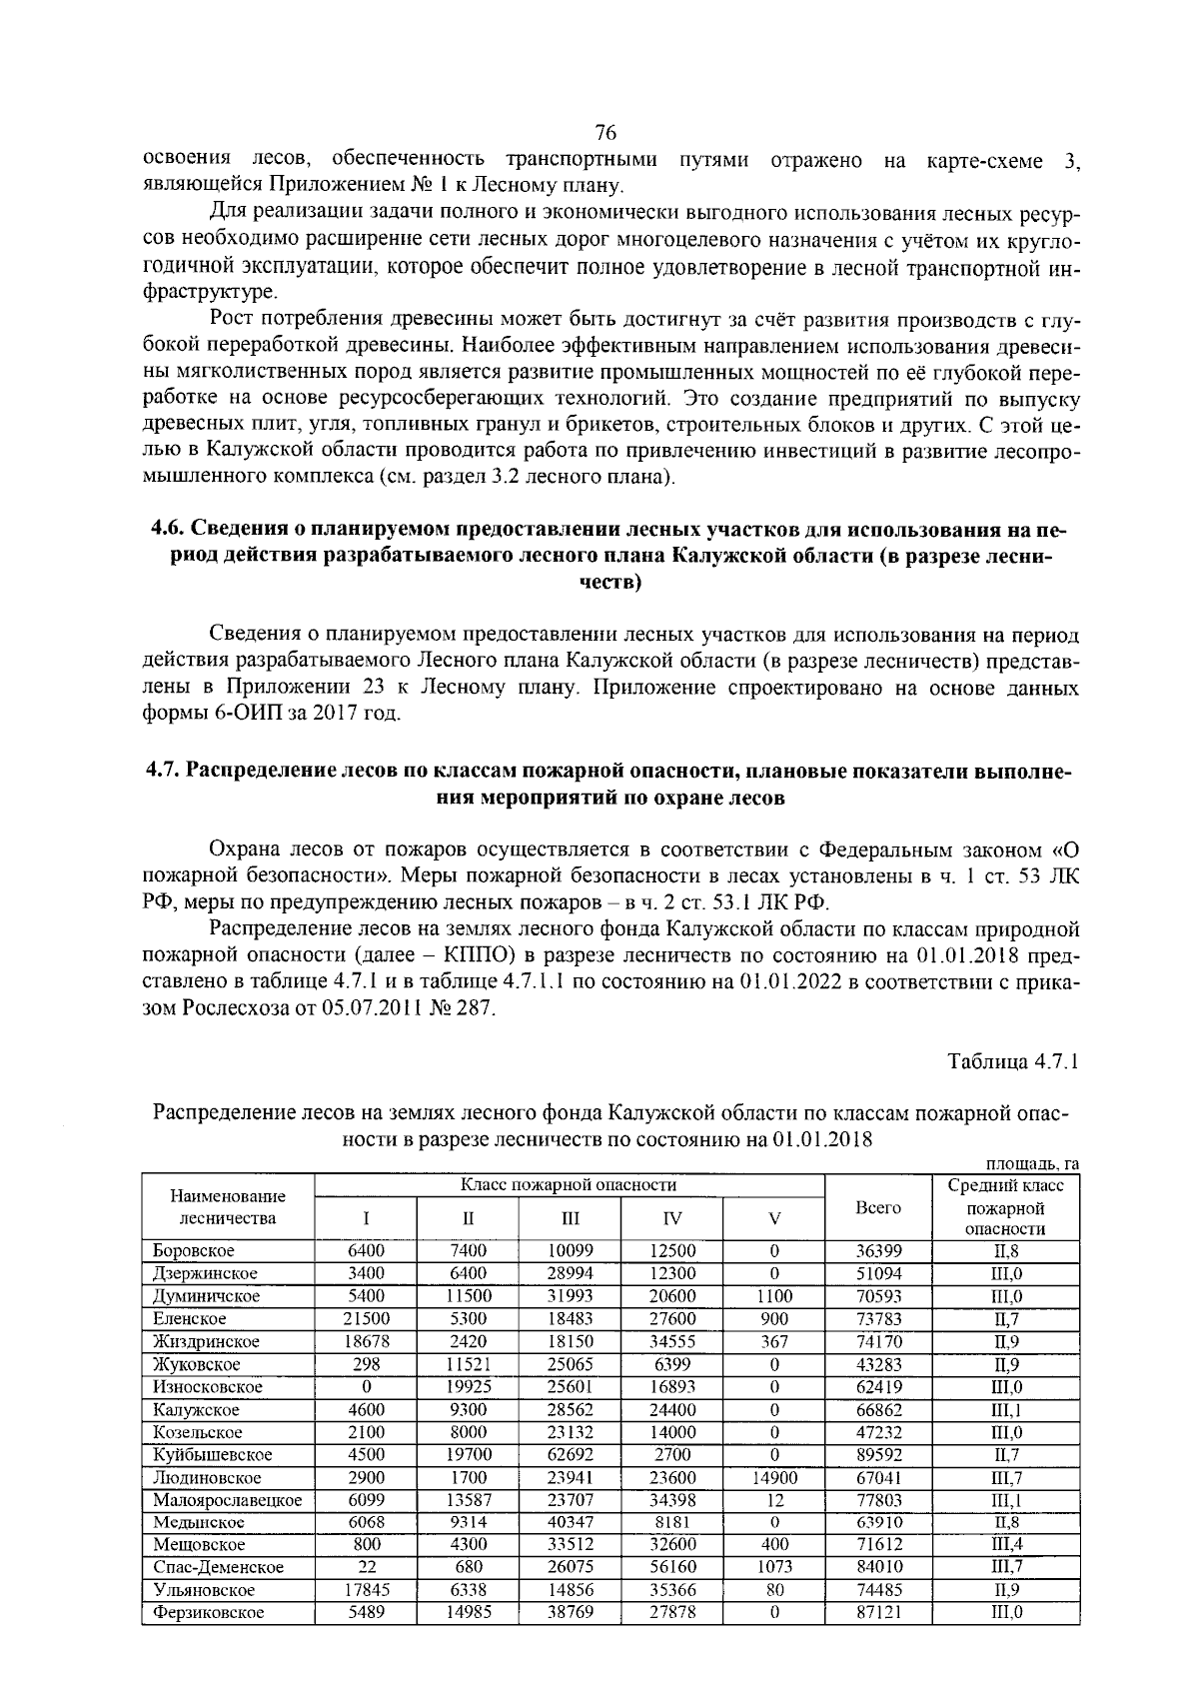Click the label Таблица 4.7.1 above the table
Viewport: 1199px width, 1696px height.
1013,1061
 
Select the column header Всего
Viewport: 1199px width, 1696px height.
878,1207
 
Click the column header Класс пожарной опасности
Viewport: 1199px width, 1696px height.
569,1185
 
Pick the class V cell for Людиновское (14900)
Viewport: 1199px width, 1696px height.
773,1478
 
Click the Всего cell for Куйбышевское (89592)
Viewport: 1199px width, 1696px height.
878,1455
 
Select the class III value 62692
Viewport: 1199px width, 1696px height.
570,1455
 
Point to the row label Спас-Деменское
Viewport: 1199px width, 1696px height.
218,1568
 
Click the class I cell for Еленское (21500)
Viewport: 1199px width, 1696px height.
366,1319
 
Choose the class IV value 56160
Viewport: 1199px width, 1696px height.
672,1568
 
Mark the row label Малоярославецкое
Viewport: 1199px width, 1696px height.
227,1500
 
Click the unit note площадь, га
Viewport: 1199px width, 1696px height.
1032,1164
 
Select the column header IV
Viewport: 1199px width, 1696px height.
672,1218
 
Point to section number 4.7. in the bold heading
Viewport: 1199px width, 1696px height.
164,772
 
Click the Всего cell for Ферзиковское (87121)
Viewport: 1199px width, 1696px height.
878,1613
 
